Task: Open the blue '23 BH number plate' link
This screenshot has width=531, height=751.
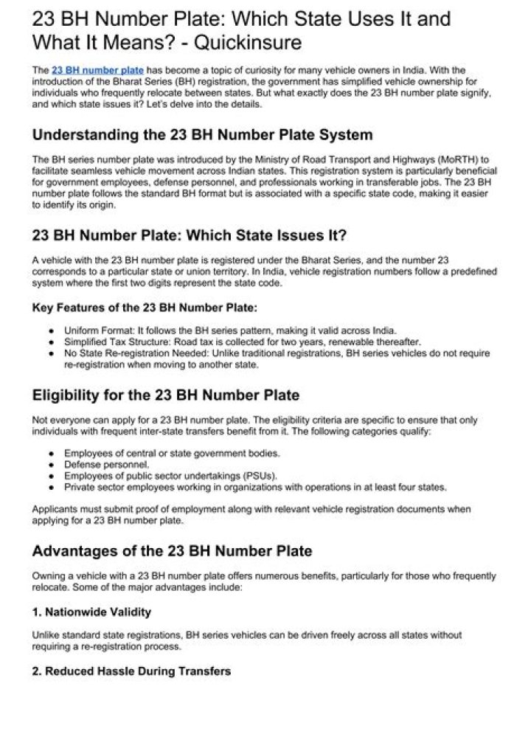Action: (98, 70)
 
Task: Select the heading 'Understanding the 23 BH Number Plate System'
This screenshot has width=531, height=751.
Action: (202, 135)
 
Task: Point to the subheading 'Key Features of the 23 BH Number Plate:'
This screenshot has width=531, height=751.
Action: (145, 307)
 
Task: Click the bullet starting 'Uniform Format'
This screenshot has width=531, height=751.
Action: (230, 330)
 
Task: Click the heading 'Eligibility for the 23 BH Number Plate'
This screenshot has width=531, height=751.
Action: (165, 395)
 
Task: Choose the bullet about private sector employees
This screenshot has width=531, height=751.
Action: (255, 487)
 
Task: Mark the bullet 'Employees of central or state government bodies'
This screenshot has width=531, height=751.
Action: (172, 453)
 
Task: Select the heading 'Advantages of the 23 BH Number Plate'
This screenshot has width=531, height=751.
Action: (172, 551)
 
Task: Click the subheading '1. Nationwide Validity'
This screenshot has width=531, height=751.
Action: (91, 612)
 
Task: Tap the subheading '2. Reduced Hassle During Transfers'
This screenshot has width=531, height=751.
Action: (131, 671)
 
